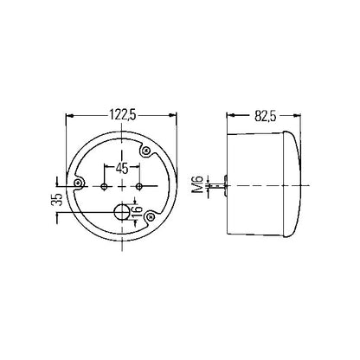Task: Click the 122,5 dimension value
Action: point(122,115)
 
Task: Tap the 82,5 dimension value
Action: point(266,116)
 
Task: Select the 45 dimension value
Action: point(122,169)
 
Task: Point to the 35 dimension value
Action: point(59,199)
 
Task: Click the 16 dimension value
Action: point(138,212)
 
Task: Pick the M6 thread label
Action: point(199,185)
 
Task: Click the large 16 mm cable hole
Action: point(122,212)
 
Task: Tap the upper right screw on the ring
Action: point(146,151)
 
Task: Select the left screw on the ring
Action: point(78,183)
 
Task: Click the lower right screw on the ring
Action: point(151,216)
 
